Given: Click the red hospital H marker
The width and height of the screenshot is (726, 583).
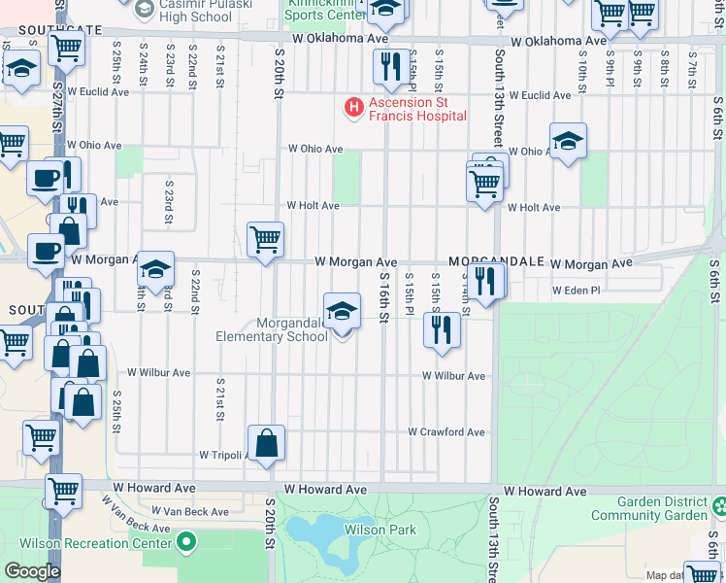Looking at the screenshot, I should point(354,105).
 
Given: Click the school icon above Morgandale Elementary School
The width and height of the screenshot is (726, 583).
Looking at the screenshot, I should point(342,312).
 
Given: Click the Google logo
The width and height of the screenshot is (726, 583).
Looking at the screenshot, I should point(32,570).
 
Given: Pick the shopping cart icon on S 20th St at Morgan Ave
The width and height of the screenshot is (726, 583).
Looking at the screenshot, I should point(265,238).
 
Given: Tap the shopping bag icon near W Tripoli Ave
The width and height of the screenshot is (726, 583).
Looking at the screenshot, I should point(267,443).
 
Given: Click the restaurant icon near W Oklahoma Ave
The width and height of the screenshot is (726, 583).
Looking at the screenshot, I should point(389,66).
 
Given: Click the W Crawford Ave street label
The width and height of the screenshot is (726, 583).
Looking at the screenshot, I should point(445,431).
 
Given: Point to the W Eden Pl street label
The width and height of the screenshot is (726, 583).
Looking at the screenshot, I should point(577,291).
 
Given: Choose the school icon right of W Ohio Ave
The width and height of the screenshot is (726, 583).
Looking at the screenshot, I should point(568,141).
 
